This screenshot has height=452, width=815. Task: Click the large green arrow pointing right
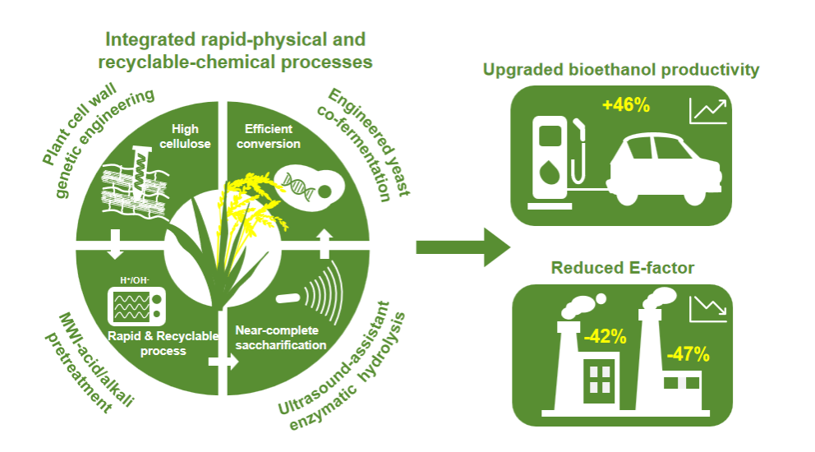coord(463,247)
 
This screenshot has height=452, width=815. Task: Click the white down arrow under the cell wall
coord(114,238)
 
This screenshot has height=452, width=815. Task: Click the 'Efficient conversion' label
coord(273,136)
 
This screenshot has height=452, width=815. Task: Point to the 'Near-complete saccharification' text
coord(280,338)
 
